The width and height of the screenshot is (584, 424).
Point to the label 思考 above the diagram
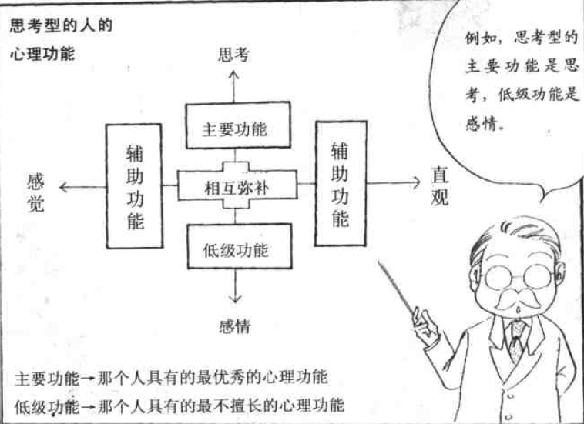click(234, 55)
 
